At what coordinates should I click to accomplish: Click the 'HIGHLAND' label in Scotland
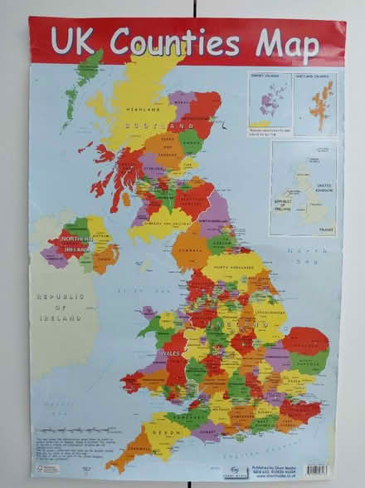point(143,108)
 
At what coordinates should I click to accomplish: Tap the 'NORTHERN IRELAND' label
point(75,243)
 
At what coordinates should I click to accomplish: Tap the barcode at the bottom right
point(318,470)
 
